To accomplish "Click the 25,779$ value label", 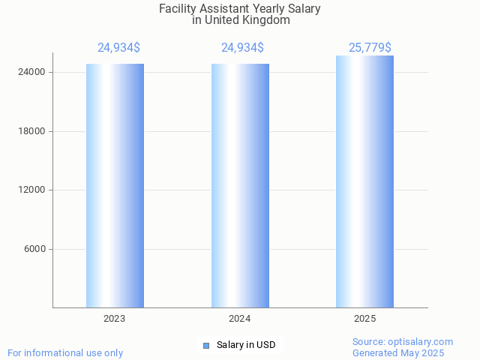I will coord(370,48).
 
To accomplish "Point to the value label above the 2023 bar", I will coord(118,48).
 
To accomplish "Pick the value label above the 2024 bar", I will coord(242,48).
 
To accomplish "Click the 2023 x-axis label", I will coord(115,319).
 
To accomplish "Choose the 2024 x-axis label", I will coord(240,319).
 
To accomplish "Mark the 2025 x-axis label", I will coord(364,319).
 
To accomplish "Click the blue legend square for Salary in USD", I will coord(206,346).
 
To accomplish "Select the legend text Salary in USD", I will coord(246,346).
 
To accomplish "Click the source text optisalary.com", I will coord(423,342).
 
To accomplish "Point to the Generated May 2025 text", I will coord(398,353).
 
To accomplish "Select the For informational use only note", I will coord(65,353).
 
